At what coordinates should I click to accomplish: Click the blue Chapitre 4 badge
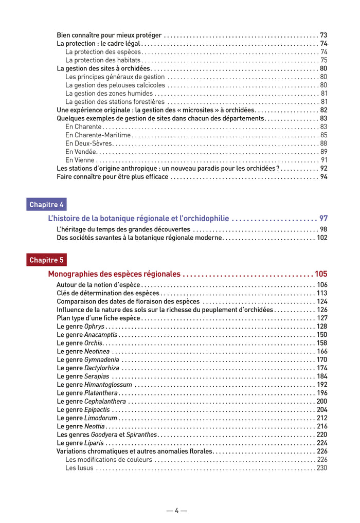(x=46, y=205)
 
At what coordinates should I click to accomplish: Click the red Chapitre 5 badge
(x=46, y=260)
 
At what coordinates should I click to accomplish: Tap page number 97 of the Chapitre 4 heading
(x=323, y=219)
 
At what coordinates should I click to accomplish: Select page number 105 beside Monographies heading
(x=321, y=274)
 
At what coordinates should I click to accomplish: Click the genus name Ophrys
(x=94, y=327)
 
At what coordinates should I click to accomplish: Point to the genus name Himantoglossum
(x=108, y=385)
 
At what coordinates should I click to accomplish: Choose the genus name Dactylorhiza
(x=101, y=368)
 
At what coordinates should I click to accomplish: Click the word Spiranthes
(x=141, y=435)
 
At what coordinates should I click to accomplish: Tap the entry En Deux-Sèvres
(x=88, y=143)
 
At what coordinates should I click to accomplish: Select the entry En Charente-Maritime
(x=98, y=135)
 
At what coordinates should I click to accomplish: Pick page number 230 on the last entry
(x=322, y=468)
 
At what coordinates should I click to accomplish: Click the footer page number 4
(x=176, y=511)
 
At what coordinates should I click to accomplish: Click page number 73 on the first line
(x=323, y=35)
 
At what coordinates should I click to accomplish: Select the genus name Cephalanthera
(x=105, y=402)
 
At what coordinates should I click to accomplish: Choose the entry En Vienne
(x=80, y=160)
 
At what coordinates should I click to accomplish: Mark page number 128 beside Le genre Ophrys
(x=322, y=327)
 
